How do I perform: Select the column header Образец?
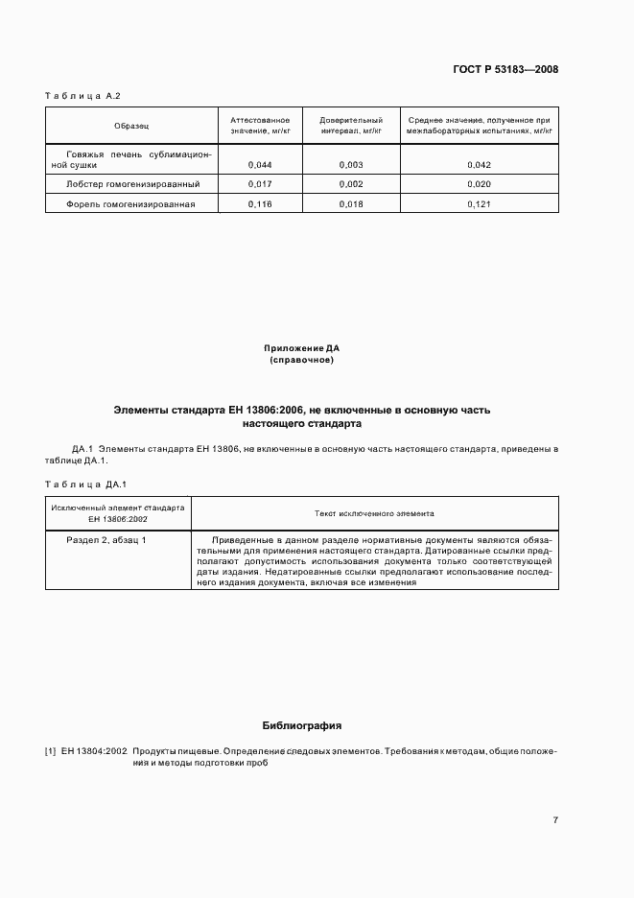pyautogui.click(x=131, y=126)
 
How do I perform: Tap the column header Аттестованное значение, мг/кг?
pyautogui.click(x=260, y=126)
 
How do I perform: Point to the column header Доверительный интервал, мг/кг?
pyautogui.click(x=351, y=126)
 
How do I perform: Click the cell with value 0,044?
pyautogui.click(x=260, y=165)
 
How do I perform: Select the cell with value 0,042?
pyautogui.click(x=479, y=165)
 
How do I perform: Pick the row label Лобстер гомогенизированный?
pyautogui.click(x=132, y=183)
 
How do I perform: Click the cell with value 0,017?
pyautogui.click(x=260, y=183)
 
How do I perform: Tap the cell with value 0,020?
pyautogui.click(x=479, y=183)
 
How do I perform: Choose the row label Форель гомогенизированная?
pyautogui.click(x=130, y=203)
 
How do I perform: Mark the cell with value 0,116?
pyautogui.click(x=260, y=203)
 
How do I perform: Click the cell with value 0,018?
pyautogui.click(x=351, y=203)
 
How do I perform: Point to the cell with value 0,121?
pyautogui.click(x=479, y=203)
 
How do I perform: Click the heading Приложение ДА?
pyautogui.click(x=301, y=348)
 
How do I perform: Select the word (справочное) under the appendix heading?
pyautogui.click(x=301, y=360)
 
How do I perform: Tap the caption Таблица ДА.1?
pyautogui.click(x=86, y=484)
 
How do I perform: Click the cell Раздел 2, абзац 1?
pyautogui.click(x=106, y=540)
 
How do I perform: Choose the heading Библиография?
pyautogui.click(x=301, y=725)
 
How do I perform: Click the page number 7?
pyautogui.click(x=555, y=819)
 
